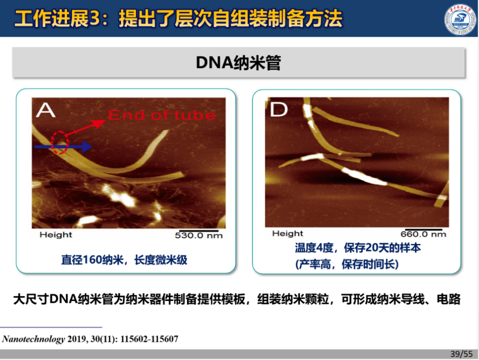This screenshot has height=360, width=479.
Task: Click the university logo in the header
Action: pos(460,20)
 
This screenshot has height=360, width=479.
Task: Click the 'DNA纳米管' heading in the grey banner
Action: pos(238,63)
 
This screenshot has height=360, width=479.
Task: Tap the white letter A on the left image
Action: pos(45,110)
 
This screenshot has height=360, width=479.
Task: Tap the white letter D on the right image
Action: pos(279,109)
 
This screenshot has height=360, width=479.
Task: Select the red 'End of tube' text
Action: pos(162,115)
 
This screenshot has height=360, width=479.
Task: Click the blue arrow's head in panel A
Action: pos(87,147)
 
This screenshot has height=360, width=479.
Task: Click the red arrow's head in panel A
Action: pos(99,123)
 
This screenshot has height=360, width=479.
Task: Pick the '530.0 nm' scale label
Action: pos(199,235)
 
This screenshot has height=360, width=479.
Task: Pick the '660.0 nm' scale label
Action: pos(423,234)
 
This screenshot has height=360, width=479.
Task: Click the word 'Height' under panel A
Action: pos(56,234)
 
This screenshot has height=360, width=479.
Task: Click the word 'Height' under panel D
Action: pos(287,233)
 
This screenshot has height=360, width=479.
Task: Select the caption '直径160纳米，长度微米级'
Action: pos(125,260)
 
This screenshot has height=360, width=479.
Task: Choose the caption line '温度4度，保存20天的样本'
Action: pos(357,248)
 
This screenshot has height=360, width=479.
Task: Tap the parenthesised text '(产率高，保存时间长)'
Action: pos(347,264)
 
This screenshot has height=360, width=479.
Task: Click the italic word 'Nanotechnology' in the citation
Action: pos(33,339)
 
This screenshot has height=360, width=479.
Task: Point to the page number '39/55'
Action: pos(461,354)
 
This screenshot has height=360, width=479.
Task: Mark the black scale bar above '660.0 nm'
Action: pos(424,229)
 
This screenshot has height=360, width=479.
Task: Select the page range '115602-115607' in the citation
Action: pos(149,339)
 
